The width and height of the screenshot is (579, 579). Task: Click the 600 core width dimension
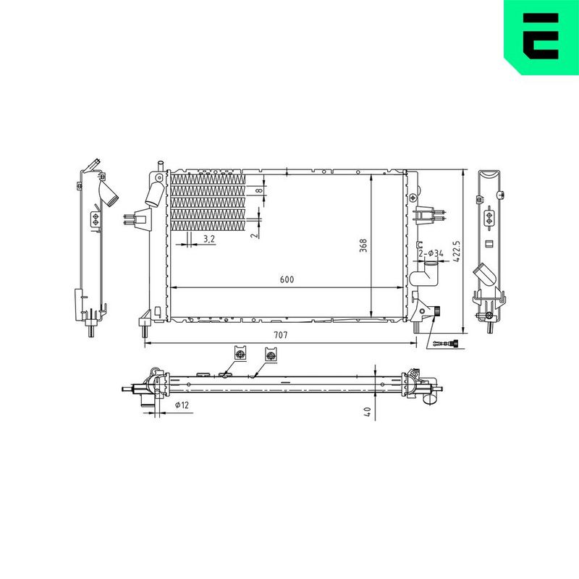coord(287,279)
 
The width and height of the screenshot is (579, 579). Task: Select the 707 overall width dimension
coord(281,335)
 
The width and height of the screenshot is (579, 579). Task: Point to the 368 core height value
coord(364,245)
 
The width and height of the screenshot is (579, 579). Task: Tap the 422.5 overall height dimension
coord(457,251)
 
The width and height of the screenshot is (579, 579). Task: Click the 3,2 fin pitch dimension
coord(209,239)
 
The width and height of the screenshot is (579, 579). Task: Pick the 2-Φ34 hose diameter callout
coord(431,253)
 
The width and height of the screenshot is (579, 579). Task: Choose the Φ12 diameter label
coord(182,405)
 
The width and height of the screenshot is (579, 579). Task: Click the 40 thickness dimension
coord(367,412)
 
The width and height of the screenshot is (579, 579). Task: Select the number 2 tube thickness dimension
coord(254,235)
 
